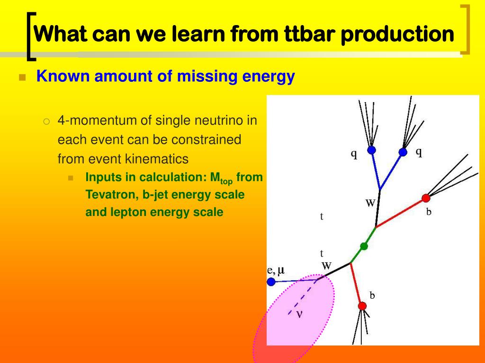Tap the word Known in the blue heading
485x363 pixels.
(63, 76)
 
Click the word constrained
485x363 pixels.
(206, 139)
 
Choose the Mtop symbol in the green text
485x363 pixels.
(221, 178)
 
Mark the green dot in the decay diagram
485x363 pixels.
(364, 246)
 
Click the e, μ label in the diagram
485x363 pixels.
(276, 270)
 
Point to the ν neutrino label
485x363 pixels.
(299, 314)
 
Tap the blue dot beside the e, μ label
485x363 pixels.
(271, 282)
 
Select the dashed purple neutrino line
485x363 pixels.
(302, 297)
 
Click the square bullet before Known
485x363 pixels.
(22, 77)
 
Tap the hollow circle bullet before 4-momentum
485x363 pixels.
(46, 121)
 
